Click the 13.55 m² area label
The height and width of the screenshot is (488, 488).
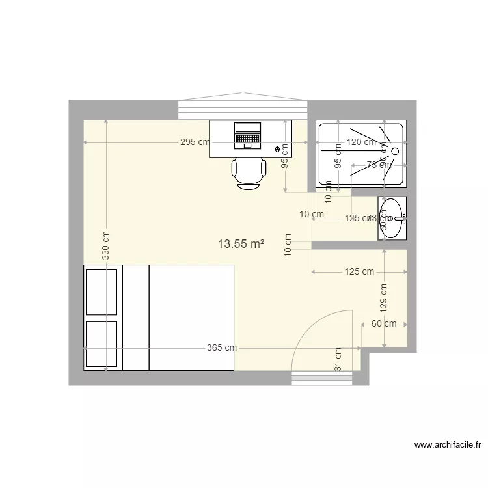(x=241, y=245)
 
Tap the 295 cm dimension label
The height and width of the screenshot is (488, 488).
(x=195, y=142)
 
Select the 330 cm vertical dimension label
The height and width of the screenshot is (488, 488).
(x=105, y=246)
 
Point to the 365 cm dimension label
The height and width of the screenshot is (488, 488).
(x=222, y=348)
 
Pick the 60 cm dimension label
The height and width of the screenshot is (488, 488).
(x=384, y=323)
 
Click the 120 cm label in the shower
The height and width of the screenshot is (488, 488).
(x=361, y=142)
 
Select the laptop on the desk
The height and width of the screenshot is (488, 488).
(x=247, y=135)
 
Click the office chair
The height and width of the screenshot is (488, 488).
(x=249, y=172)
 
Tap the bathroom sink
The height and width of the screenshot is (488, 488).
(x=392, y=219)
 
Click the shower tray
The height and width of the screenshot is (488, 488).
(x=361, y=154)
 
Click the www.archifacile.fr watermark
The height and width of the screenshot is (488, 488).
(x=448, y=446)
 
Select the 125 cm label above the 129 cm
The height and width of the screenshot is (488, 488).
(x=359, y=271)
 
